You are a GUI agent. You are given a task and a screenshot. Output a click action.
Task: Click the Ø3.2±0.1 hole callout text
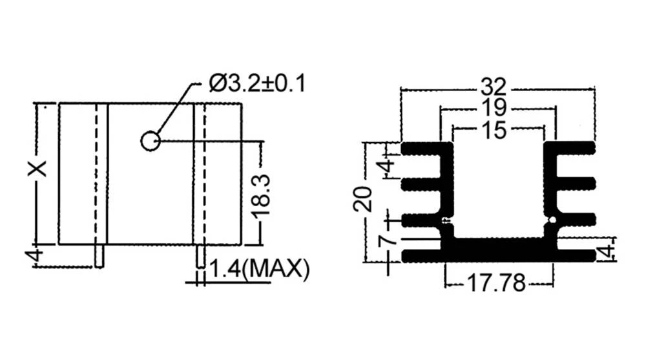(257, 84)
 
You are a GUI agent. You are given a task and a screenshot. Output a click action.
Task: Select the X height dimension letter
(38, 169)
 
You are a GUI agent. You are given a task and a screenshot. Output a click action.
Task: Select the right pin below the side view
(200, 256)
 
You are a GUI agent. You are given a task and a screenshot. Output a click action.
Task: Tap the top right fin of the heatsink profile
(572, 149)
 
